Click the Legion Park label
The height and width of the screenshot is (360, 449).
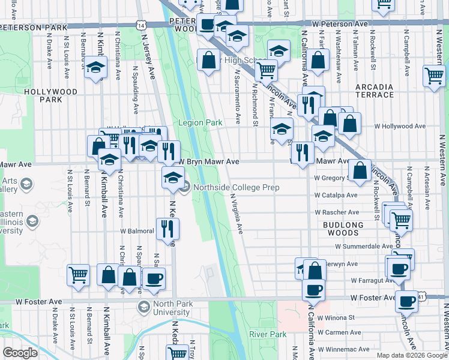pyautogui.click(x=200, y=123)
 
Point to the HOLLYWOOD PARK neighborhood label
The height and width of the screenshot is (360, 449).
pyautogui.click(x=51, y=96)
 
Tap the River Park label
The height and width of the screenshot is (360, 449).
pyautogui.click(x=268, y=334)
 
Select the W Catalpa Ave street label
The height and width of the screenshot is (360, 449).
pyautogui.click(x=336, y=195)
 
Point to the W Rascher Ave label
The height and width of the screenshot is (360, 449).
pyautogui.click(x=337, y=212)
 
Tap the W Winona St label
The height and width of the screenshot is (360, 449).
pyautogui.click(x=337, y=317)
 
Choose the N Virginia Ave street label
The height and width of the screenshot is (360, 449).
pyautogui.click(x=238, y=213)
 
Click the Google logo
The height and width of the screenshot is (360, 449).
pyautogui.click(x=20, y=352)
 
